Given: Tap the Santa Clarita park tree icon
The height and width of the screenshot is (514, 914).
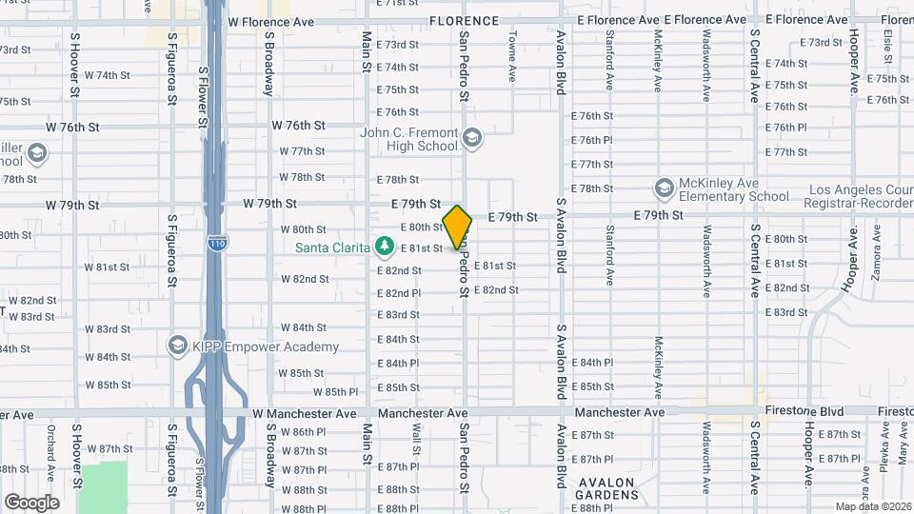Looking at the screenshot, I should point(385,247).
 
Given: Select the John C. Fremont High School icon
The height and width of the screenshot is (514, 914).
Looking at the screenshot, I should point(472,140).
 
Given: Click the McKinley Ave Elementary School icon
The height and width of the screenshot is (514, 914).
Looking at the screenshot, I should point(665,188).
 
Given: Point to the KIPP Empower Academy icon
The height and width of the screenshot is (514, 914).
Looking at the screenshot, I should point(177,344).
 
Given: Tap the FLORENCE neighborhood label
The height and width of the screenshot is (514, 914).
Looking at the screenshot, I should point(464,20).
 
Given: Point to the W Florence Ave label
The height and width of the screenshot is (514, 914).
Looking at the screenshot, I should point(271,21).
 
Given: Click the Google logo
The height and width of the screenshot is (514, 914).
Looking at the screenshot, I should point(31,502).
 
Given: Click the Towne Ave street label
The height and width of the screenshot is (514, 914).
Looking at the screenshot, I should point(512,56).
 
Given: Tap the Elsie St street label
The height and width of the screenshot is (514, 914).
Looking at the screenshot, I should point(886,42).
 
